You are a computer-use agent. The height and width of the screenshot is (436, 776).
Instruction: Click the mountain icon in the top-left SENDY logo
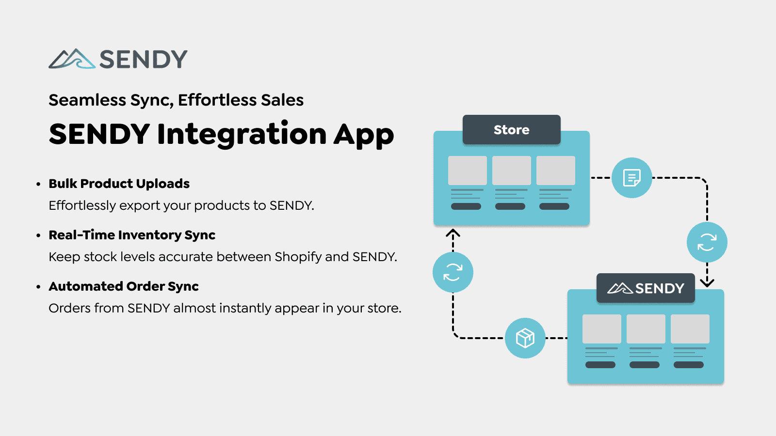pyautogui.click(x=72, y=59)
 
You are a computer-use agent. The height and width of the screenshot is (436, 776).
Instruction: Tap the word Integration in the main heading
pyautogui.click(x=242, y=134)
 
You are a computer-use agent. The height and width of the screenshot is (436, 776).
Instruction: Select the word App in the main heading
pyautogui.click(x=363, y=135)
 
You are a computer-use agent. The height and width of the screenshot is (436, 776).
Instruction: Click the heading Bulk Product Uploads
pyautogui.click(x=119, y=184)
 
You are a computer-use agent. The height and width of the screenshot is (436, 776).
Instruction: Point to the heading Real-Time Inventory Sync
pyautogui.click(x=132, y=235)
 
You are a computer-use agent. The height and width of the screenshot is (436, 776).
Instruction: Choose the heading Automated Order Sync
pyautogui.click(x=124, y=286)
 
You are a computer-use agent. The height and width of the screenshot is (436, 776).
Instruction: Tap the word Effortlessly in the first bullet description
pyautogui.click(x=82, y=205)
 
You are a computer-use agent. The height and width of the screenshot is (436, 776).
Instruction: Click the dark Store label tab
pyautogui.click(x=511, y=130)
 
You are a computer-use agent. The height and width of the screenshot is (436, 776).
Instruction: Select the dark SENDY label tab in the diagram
pyautogui.click(x=646, y=288)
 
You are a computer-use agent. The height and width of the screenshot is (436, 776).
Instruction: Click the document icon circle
pyautogui.click(x=631, y=178)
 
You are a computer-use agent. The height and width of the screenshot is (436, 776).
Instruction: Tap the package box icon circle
pyautogui.click(x=525, y=338)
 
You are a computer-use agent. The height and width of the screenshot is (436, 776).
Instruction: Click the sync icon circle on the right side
pyautogui.click(x=707, y=242)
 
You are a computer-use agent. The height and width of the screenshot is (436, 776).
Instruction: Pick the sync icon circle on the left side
pyautogui.click(x=453, y=272)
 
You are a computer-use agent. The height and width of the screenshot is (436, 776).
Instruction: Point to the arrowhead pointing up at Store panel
pyautogui.click(x=453, y=234)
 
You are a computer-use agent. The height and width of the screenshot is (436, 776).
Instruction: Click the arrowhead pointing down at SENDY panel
pyautogui.click(x=707, y=282)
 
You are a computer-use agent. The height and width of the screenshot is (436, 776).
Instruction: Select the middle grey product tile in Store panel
pyautogui.click(x=511, y=171)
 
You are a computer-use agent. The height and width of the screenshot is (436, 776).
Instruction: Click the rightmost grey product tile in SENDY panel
pyautogui.click(x=690, y=329)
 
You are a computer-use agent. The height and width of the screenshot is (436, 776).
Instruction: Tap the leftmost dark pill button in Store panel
pyautogui.click(x=466, y=206)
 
